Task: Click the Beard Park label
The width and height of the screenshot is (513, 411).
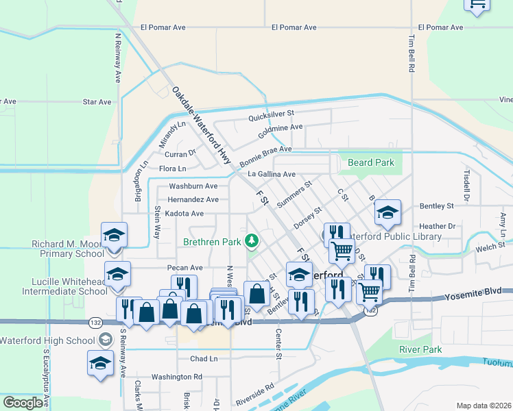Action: click(x=371, y=162)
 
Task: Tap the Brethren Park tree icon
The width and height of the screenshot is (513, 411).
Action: click(x=252, y=241)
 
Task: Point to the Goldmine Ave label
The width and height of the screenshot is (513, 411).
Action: click(x=280, y=127)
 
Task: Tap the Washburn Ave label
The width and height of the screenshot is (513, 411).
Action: click(x=193, y=186)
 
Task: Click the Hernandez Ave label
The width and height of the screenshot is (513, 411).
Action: click(x=193, y=200)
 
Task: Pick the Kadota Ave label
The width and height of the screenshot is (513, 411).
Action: click(x=184, y=214)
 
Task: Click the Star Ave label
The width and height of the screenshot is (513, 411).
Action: click(x=97, y=102)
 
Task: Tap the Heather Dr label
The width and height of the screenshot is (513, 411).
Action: click(x=437, y=226)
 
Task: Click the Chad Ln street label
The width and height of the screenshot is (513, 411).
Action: click(x=204, y=358)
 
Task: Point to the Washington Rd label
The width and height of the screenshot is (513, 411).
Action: click(x=177, y=377)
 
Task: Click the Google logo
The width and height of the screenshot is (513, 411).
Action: click(x=23, y=403)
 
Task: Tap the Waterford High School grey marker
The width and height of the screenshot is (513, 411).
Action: click(x=104, y=339)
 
